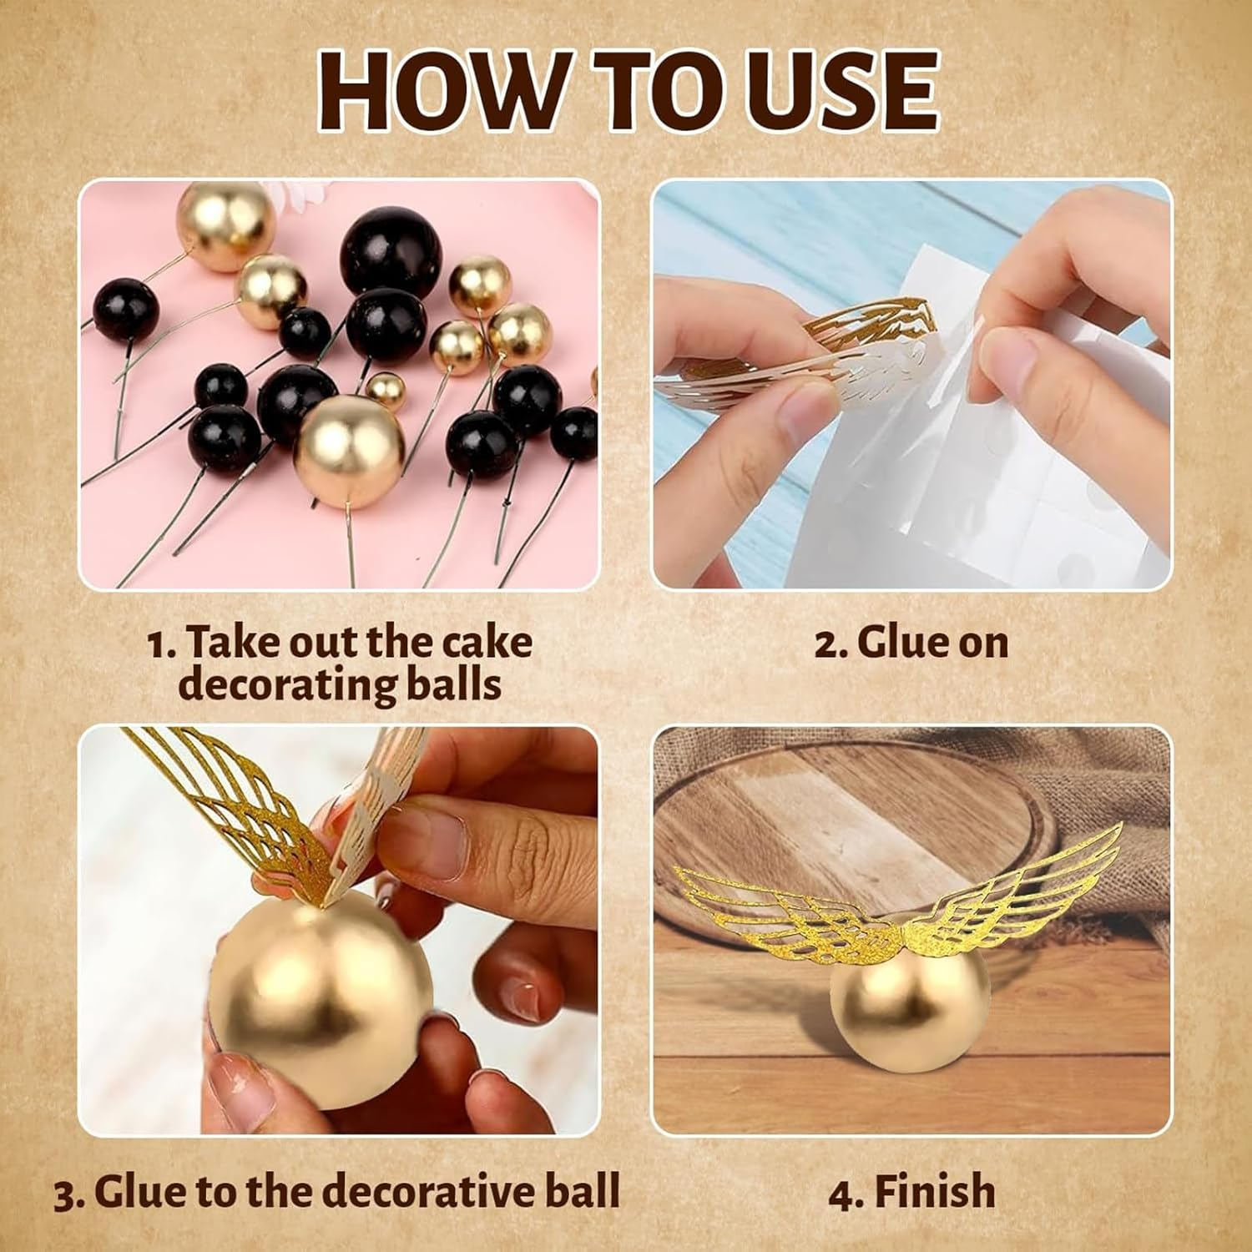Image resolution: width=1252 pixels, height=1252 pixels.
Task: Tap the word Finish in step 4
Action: coord(935,1191)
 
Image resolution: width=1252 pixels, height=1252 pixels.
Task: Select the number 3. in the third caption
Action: coord(70,1192)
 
